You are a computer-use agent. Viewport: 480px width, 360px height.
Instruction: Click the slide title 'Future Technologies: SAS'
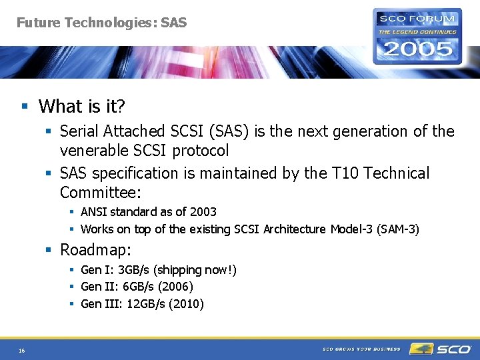tap(101, 23)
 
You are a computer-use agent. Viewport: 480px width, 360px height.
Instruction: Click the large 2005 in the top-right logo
tap(416, 48)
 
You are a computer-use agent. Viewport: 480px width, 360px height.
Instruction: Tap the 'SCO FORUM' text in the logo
tap(417, 19)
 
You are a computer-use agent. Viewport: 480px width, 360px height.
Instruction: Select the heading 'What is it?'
tap(82, 106)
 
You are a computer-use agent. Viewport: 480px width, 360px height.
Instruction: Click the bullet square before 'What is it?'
tap(25, 107)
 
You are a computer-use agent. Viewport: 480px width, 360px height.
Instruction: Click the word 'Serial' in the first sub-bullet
tap(79, 131)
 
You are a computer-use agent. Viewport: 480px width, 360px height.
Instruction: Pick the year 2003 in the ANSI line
tap(203, 211)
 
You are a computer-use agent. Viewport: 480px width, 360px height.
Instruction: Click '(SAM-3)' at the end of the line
tap(398, 229)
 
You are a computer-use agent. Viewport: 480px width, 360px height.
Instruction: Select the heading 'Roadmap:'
tap(95, 250)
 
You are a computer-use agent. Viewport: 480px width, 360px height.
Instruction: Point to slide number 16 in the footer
tap(22, 350)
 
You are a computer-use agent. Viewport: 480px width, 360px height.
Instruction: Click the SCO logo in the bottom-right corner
tap(441, 349)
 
